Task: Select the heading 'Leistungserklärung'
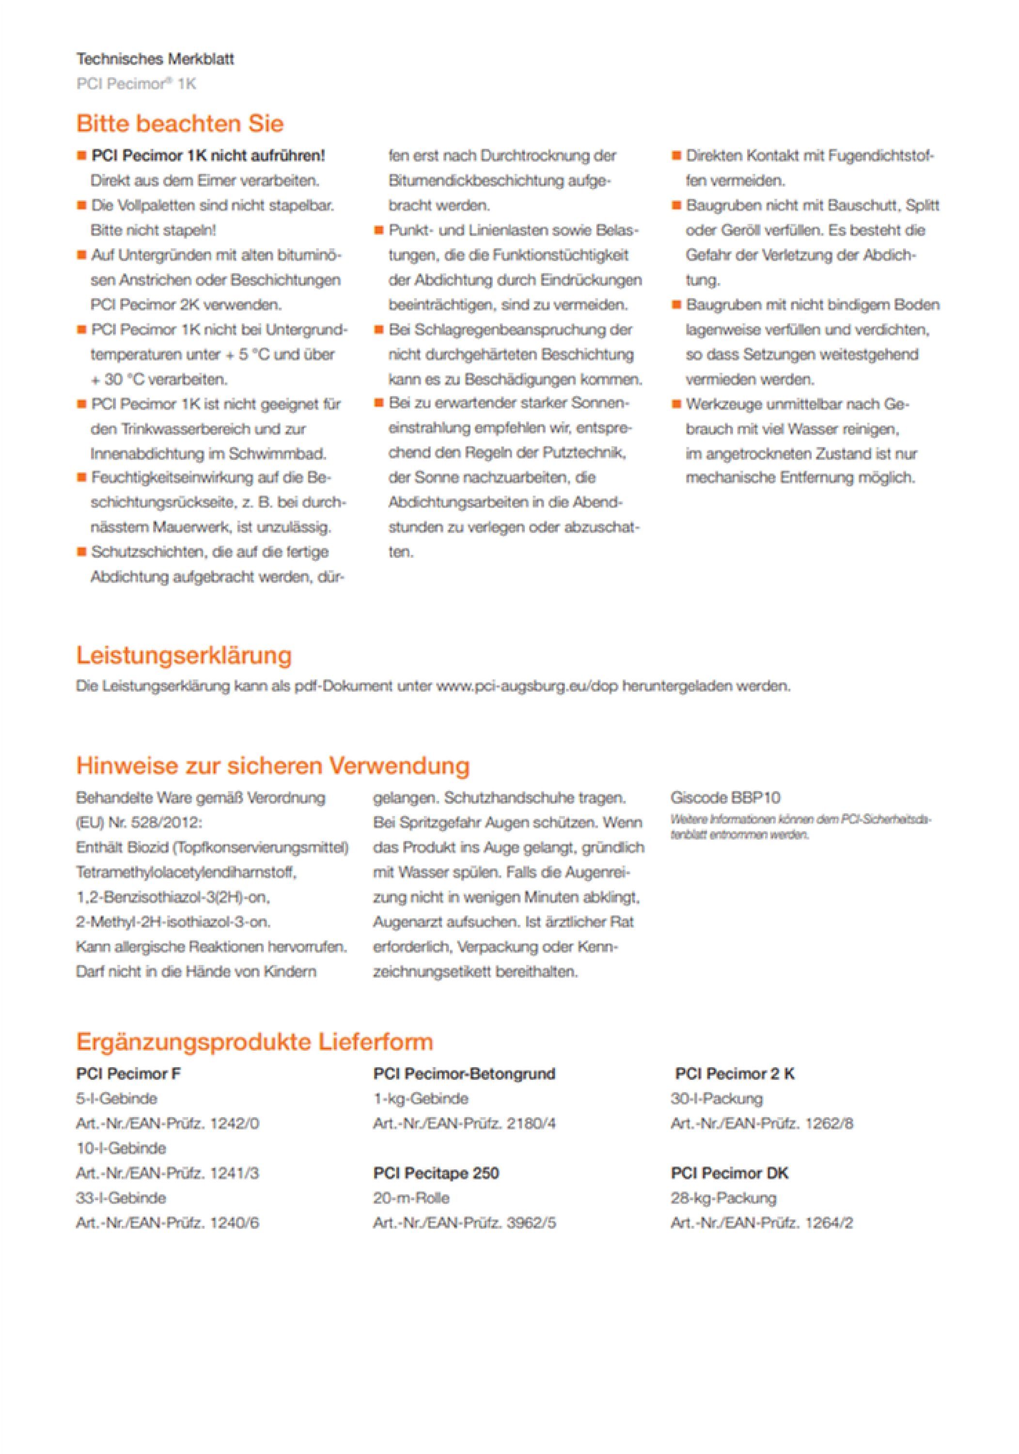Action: tap(184, 655)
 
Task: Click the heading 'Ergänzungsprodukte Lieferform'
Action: tap(254, 1042)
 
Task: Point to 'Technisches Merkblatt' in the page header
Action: tap(155, 59)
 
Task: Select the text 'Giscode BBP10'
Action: tap(725, 797)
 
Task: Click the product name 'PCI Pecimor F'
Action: tap(128, 1074)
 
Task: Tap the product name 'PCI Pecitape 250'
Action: tap(436, 1173)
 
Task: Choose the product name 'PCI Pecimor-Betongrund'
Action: tap(464, 1074)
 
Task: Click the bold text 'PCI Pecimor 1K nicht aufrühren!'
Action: tap(208, 155)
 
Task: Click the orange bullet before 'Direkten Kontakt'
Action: tap(676, 155)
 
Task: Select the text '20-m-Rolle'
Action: tap(411, 1198)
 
